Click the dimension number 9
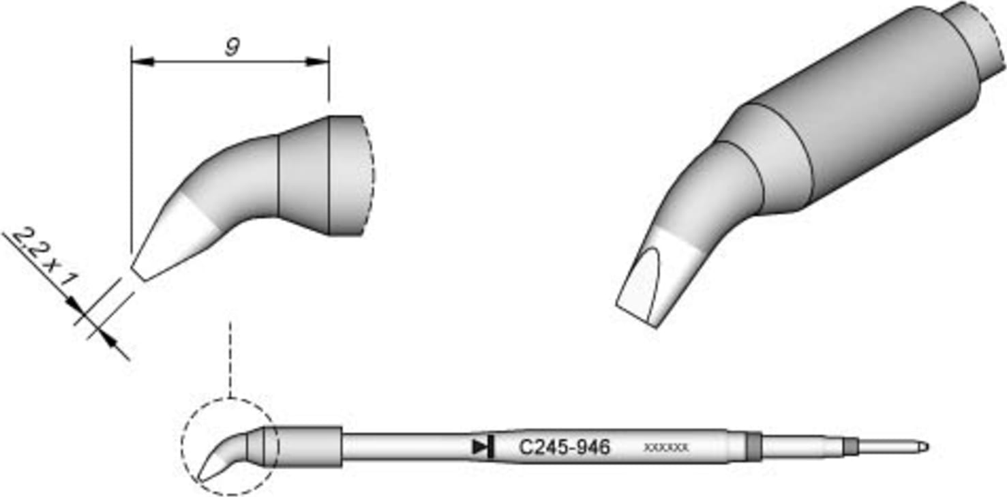231,48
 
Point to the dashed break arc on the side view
372,175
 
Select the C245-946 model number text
564,448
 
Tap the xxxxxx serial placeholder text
666,448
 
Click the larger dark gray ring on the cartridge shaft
753,447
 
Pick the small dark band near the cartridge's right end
849,447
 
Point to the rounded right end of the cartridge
922,447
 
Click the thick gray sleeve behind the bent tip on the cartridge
310,447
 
